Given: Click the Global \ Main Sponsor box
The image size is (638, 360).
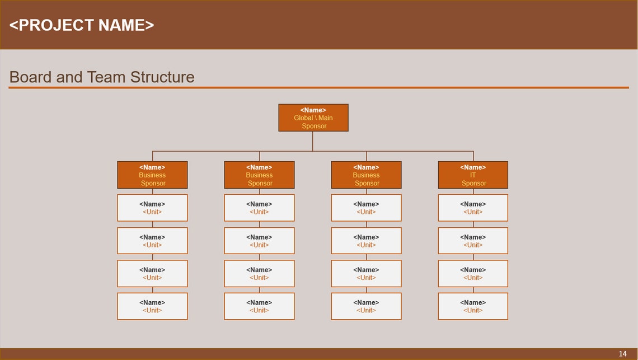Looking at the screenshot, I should tap(313, 118).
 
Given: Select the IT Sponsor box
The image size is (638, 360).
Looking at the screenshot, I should tap(473, 175).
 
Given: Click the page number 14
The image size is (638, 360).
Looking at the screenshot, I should tap(623, 354).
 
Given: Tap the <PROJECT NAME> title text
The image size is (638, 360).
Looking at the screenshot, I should tap(82, 25).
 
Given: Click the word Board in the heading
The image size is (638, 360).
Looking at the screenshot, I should tap(31, 77).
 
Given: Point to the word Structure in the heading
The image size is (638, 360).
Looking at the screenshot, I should tap(162, 77).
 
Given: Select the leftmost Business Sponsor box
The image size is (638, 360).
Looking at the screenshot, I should tap(152, 175).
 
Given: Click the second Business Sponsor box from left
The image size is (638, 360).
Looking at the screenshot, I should tap(259, 175).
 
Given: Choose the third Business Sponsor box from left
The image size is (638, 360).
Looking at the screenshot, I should tap(366, 175).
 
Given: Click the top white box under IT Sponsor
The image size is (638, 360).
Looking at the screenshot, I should tap(473, 208).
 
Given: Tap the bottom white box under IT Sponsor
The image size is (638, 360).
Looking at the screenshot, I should tap(473, 306).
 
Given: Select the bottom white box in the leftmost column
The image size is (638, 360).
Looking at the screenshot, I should tap(152, 306).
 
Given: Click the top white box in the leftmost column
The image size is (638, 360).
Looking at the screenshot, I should tap(152, 208).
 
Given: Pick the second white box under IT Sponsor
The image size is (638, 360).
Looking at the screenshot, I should tap(473, 241).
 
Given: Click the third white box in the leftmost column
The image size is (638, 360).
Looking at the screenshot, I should tap(152, 274).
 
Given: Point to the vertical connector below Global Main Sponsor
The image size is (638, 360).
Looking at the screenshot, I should tap(313, 141).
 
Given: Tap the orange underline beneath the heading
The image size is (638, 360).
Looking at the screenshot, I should tap(319, 87).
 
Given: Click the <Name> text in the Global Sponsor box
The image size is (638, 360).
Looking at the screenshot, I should tap(313, 110).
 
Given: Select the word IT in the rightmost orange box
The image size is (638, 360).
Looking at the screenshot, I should tap(473, 175).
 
